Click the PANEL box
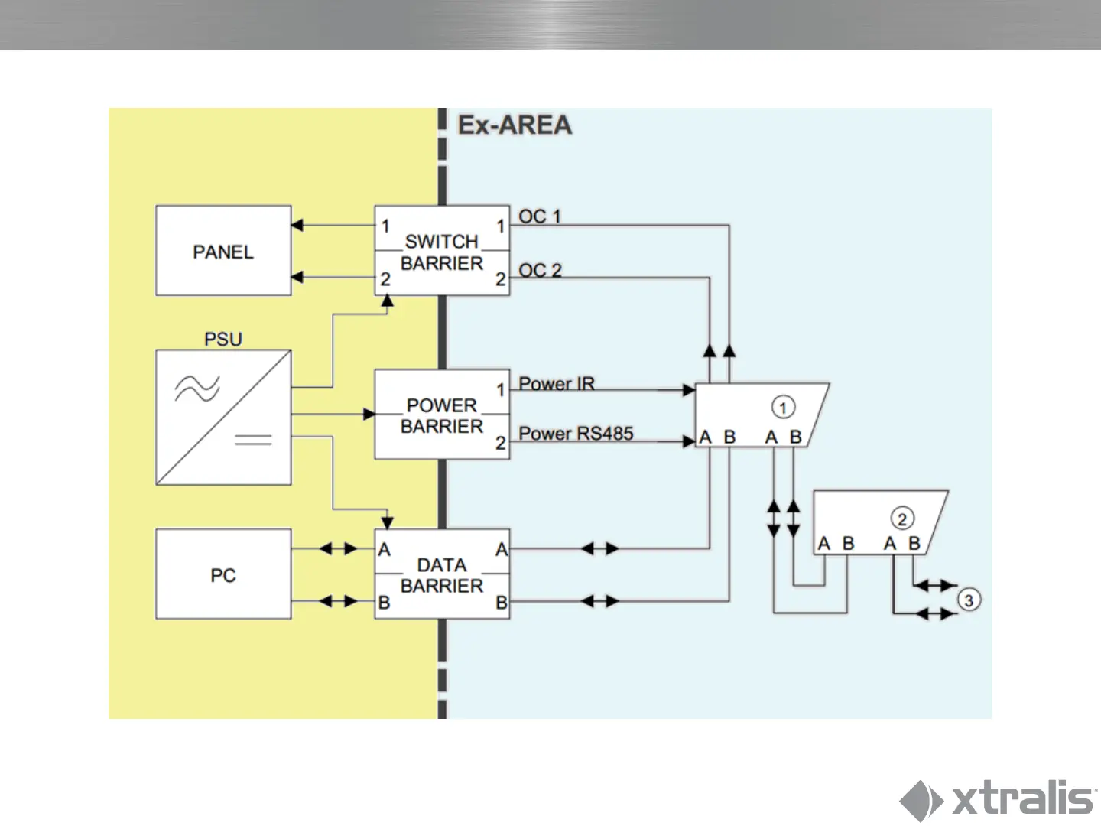coord(223,251)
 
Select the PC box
coord(223,574)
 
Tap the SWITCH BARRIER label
coord(442,252)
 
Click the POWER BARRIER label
coord(442,415)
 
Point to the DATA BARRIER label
coord(442,575)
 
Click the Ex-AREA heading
coord(515,125)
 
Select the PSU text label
coord(223,339)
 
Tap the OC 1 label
coord(540,216)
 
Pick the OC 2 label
coord(540,270)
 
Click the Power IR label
coord(556,383)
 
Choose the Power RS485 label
coord(576,433)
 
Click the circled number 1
coord(783,407)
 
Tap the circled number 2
coord(902,519)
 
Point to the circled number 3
coord(968,600)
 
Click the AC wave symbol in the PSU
coord(197,389)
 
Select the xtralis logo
coord(998,799)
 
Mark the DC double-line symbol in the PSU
coord(253,439)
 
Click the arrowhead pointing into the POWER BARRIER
coord(369,414)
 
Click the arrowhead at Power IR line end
coord(688,390)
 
